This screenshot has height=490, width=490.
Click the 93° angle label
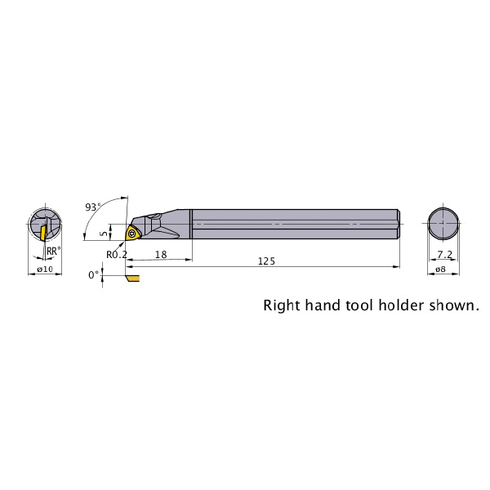pyautogui.click(x=93, y=207)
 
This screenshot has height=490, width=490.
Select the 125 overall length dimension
pyautogui.click(x=266, y=261)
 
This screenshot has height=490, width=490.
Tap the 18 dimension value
pyautogui.click(x=161, y=255)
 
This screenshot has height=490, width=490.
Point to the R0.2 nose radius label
pyautogui.click(x=117, y=255)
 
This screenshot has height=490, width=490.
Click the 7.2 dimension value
pyautogui.click(x=444, y=255)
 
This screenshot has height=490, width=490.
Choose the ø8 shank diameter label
pyautogui.click(x=441, y=269)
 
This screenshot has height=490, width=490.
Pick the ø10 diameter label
pyautogui.click(x=45, y=269)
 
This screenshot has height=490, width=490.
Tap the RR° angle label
pyautogui.click(x=54, y=251)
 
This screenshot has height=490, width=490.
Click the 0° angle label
pyautogui.click(x=93, y=275)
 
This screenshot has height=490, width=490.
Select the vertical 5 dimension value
pyautogui.click(x=105, y=233)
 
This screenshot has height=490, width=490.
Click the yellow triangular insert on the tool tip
pyautogui.click(x=131, y=233)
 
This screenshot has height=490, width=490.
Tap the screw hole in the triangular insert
pyautogui.click(x=131, y=233)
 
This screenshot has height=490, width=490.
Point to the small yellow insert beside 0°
pyautogui.click(x=133, y=278)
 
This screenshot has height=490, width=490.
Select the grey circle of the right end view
pyautogui.click(x=443, y=224)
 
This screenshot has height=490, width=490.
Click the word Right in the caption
pyautogui.click(x=281, y=305)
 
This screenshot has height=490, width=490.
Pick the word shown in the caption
pyautogui.click(x=454, y=305)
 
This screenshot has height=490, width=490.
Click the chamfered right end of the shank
pyautogui.click(x=399, y=224)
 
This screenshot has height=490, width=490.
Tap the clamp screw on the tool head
pyautogui.click(x=154, y=216)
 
